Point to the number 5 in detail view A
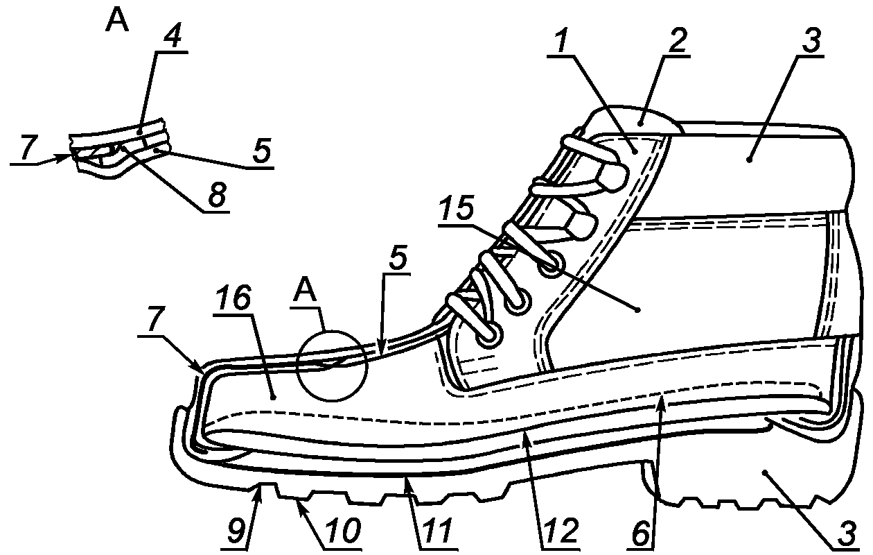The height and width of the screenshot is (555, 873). click(261, 151)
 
